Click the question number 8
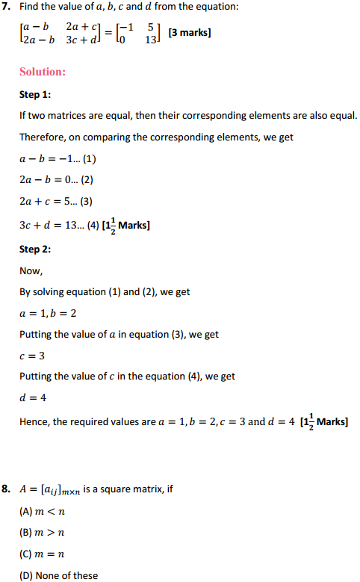(7, 489)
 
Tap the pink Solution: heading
(42, 72)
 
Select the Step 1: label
(36, 95)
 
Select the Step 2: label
(36, 249)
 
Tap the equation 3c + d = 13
(55, 225)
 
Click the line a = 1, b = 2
(47, 313)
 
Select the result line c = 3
(31, 356)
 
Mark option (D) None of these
(58, 575)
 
